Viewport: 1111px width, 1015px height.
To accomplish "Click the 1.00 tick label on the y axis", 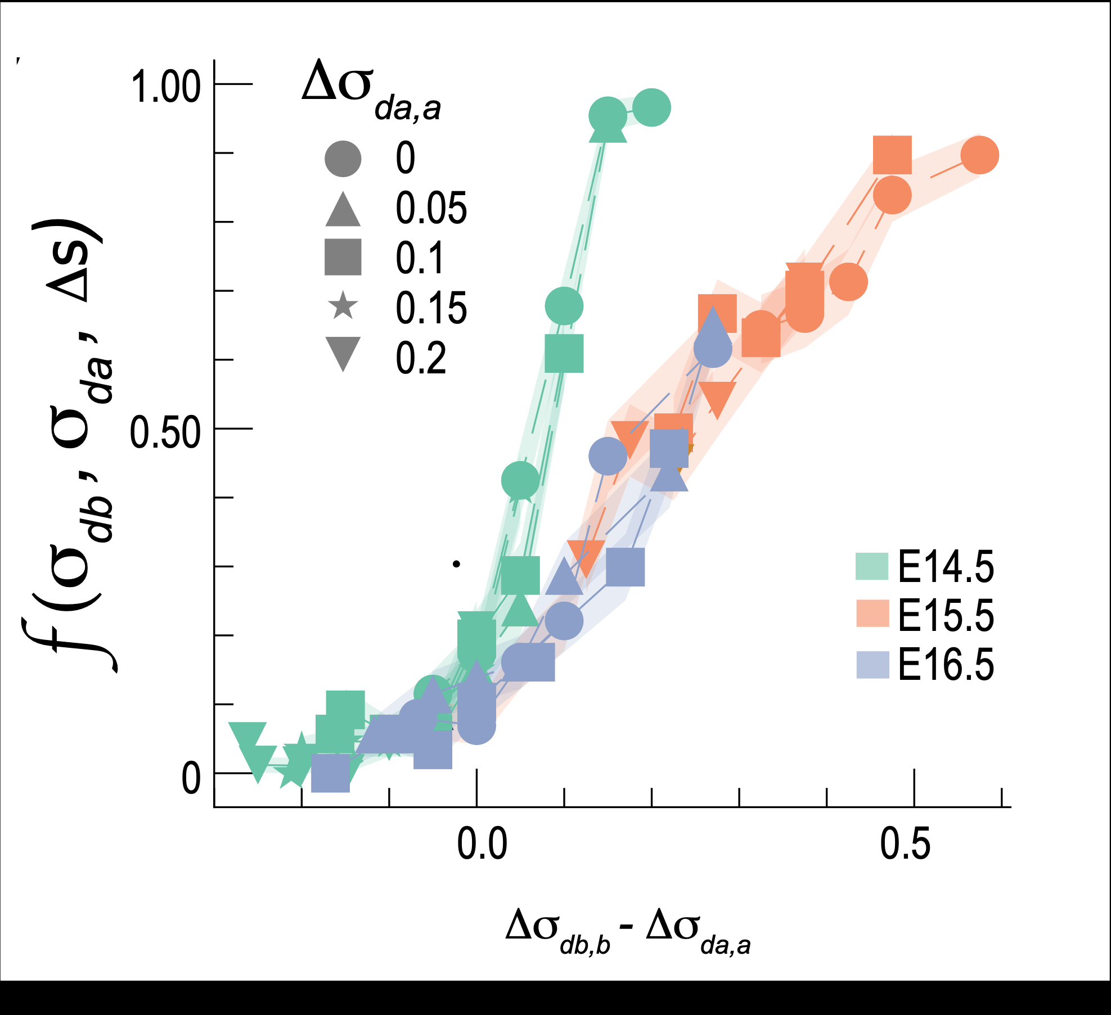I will (165, 87).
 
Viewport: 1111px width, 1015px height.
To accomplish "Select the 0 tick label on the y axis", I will (191, 779).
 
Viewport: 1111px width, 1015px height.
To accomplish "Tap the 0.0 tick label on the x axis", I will (482, 844).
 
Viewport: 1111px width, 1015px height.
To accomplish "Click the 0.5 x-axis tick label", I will (905, 844).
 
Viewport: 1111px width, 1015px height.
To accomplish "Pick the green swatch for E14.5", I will (872, 566).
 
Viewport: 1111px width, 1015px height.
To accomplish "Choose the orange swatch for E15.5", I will (872, 613).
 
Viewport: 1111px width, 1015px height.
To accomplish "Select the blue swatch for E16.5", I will (872, 664).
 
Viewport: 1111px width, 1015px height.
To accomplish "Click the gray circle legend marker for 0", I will (343, 158).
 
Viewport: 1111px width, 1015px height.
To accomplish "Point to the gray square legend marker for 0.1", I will (343, 257).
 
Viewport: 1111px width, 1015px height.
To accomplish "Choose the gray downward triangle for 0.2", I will (343, 353).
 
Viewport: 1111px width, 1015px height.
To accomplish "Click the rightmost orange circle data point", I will (979, 155).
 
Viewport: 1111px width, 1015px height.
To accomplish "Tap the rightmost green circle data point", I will (651, 107).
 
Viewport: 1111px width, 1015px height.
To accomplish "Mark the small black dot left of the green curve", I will (457, 563).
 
